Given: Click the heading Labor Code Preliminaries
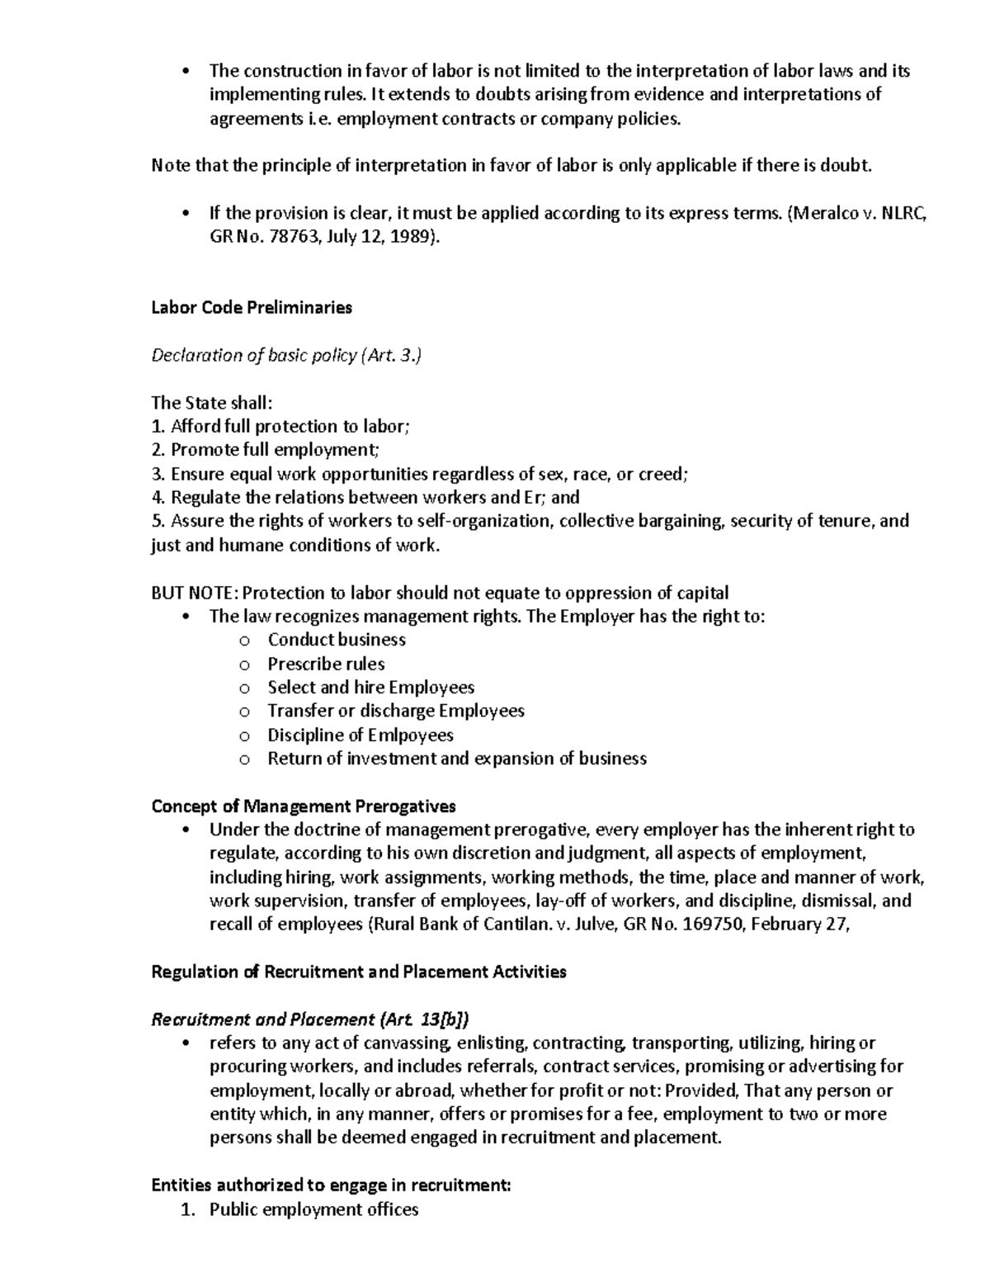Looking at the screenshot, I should tap(252, 308).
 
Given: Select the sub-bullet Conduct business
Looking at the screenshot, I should tap(337, 640).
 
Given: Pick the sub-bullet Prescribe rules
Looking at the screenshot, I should tap(326, 664).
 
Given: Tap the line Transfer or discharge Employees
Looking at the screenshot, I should tap(396, 711).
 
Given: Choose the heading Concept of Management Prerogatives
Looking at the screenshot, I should tap(304, 806).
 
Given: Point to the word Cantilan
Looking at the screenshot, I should tap(514, 925).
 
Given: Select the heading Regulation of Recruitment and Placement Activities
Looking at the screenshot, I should tap(359, 972).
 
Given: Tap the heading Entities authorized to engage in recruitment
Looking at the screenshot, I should tap(331, 1185).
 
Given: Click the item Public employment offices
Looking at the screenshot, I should tap(313, 1209).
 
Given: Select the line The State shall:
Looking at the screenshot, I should tap(211, 403).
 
